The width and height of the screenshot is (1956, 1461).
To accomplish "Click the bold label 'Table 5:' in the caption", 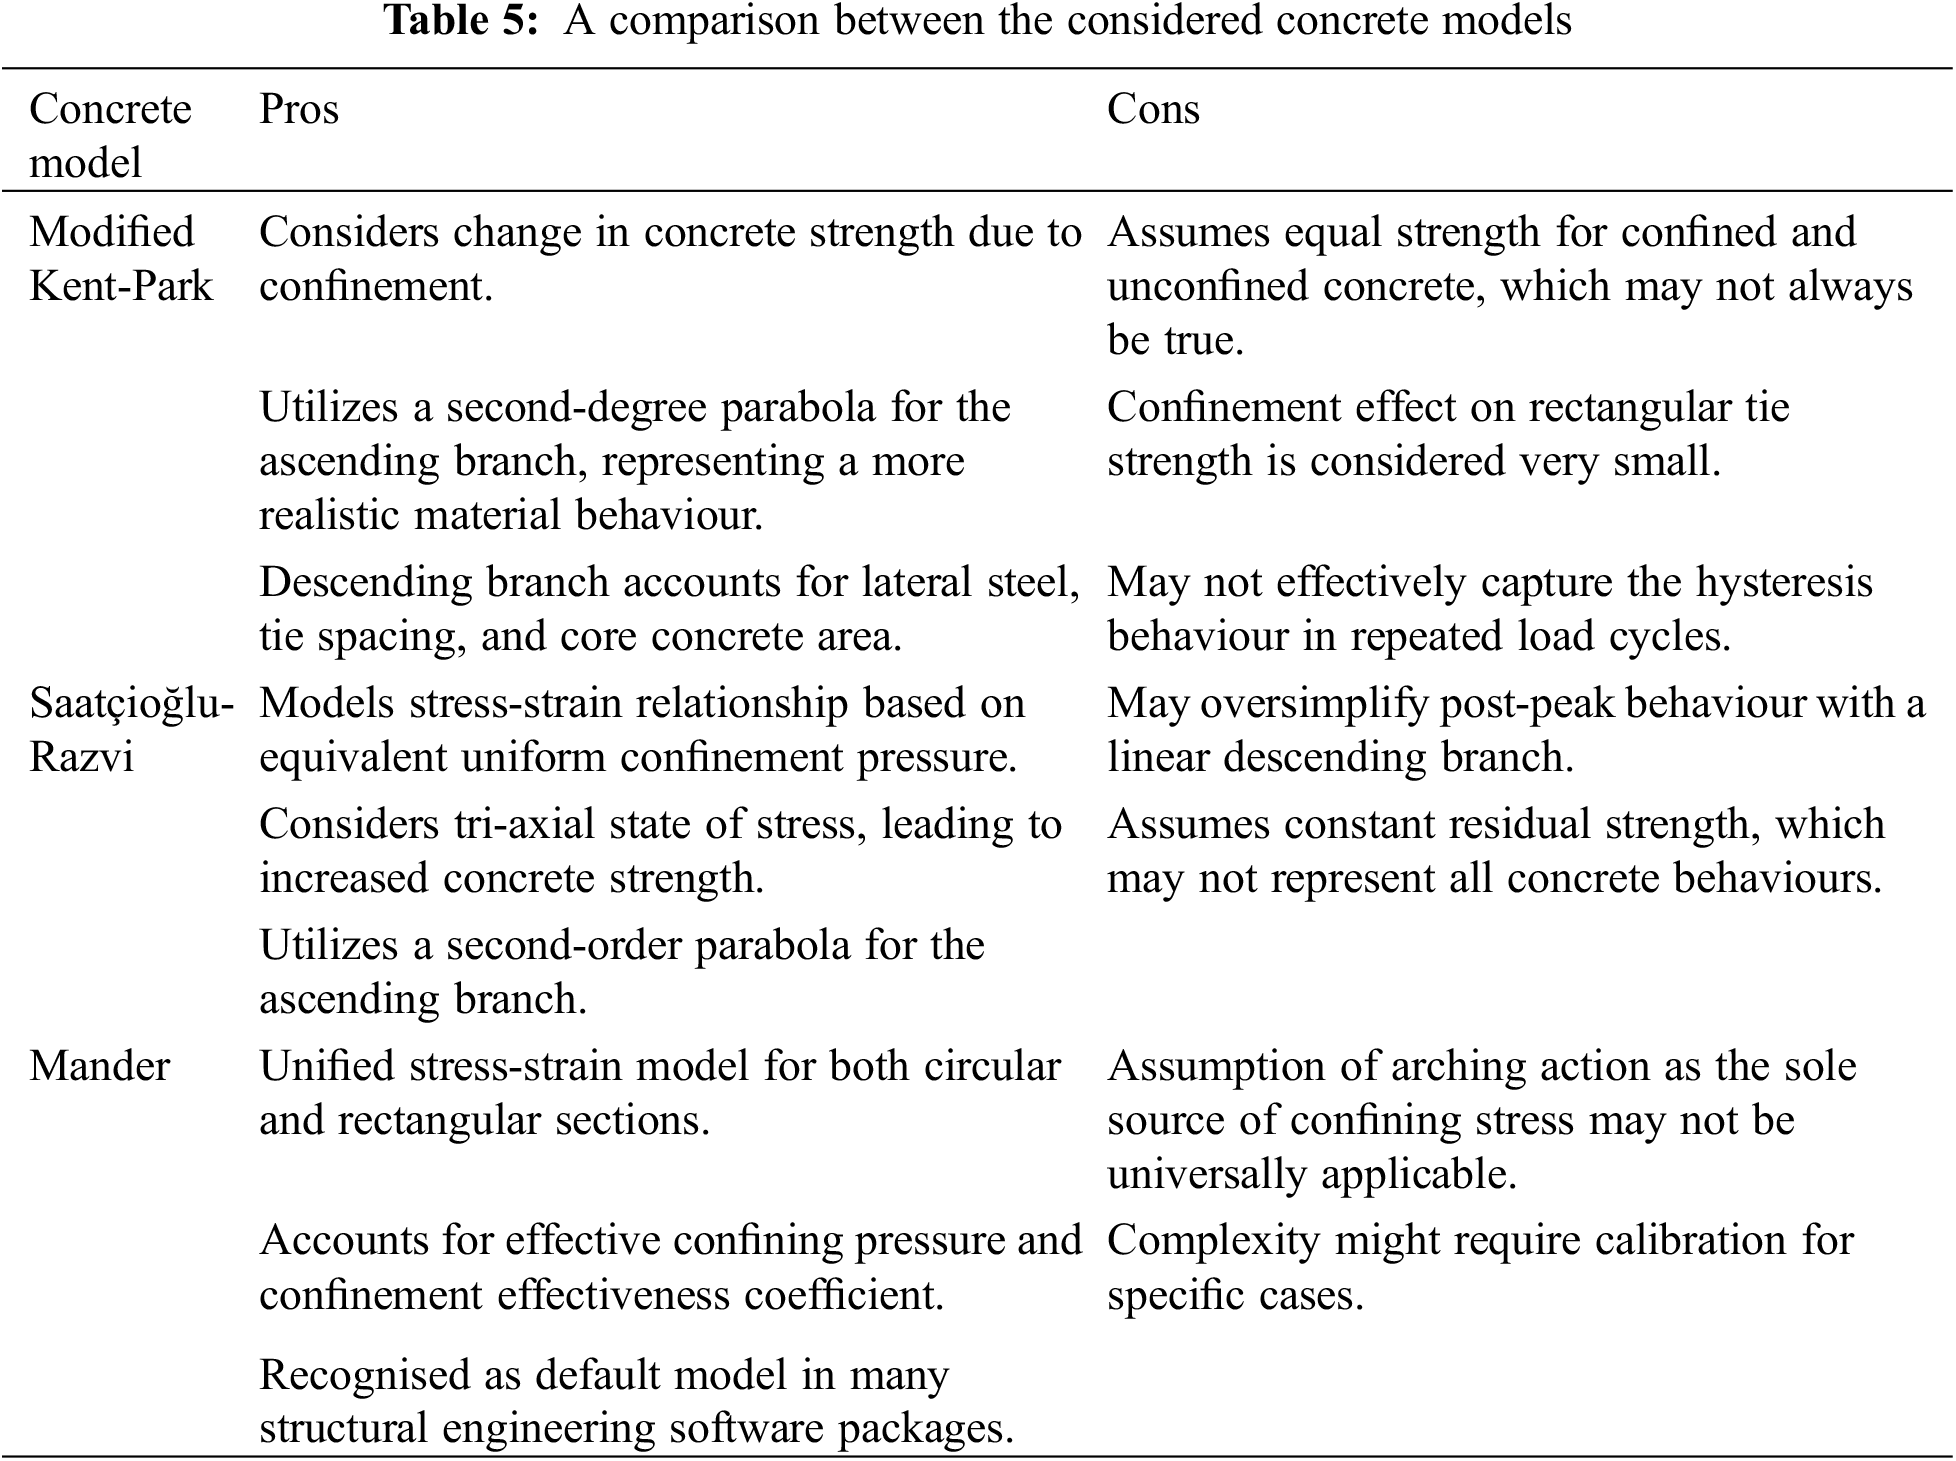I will pos(468,20).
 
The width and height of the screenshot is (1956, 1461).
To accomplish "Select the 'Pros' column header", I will pos(299,109).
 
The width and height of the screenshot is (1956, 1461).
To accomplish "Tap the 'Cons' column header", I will pos(1153,109).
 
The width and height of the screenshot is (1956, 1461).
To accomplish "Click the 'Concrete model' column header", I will pos(109,135).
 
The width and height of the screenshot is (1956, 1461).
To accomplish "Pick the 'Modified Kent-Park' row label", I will pos(121,259).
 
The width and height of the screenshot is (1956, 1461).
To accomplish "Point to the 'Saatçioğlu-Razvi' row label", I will pos(130,730).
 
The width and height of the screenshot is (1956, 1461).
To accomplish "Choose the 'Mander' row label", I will pos(100,1066).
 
